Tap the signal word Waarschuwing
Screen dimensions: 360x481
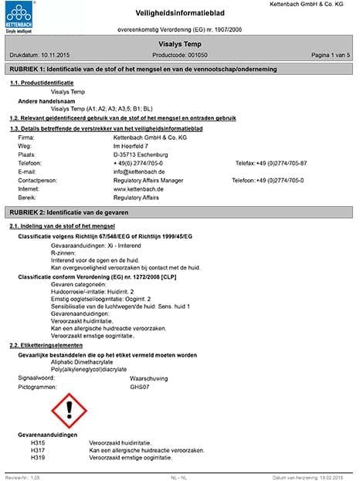click(x=151, y=378)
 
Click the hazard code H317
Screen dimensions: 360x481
click(x=38, y=449)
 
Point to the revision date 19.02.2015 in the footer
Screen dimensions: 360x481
click(x=335, y=477)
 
